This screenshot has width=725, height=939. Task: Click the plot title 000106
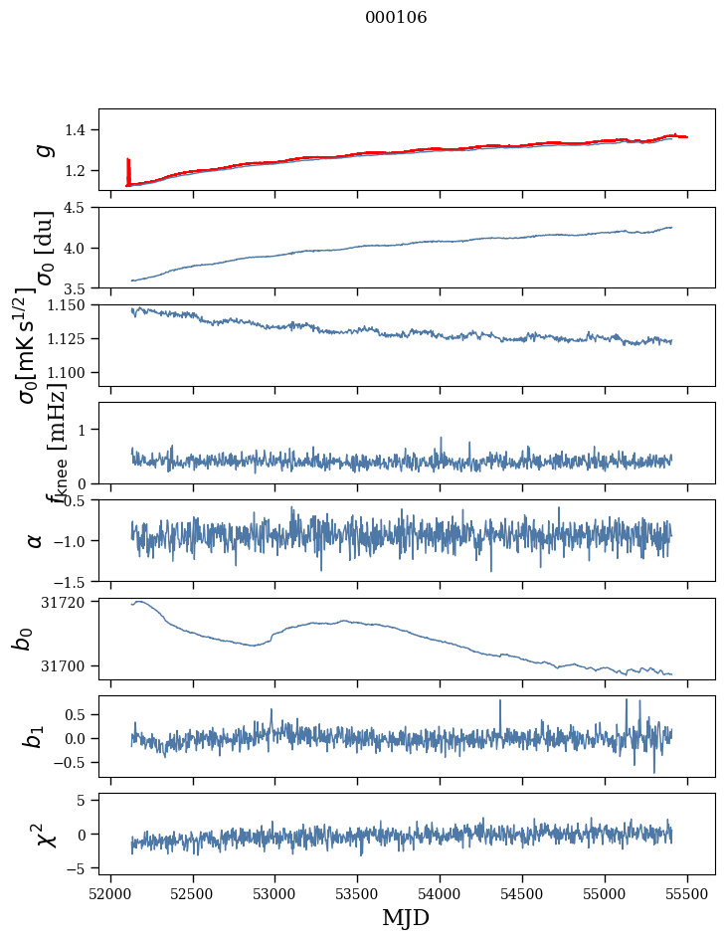(396, 18)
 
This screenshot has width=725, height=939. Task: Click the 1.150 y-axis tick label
(69, 305)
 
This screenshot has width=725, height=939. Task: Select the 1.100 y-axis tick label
(69, 372)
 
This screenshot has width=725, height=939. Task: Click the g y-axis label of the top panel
(42, 149)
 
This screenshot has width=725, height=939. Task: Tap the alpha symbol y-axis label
(36, 540)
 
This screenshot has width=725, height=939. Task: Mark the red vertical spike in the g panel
(128, 171)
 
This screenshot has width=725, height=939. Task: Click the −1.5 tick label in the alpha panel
(75, 581)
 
